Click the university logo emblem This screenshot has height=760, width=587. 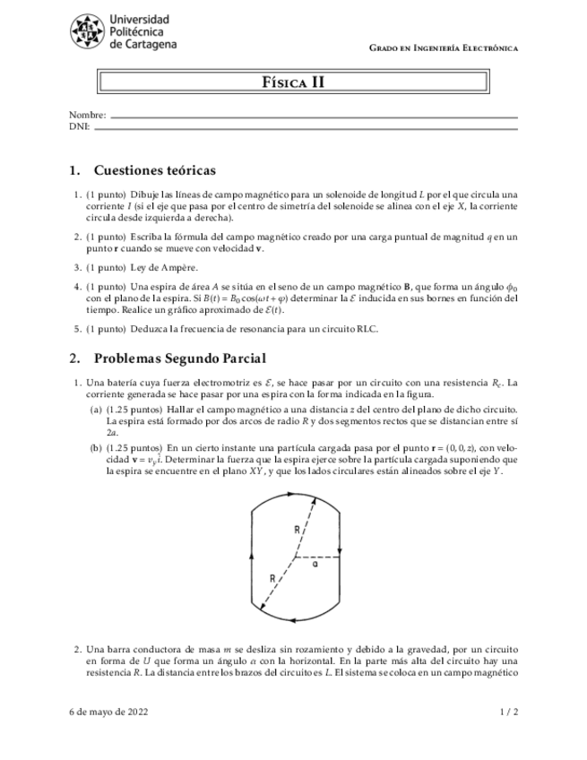pyautogui.click(x=88, y=31)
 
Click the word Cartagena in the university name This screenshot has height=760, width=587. pyautogui.click(x=148, y=43)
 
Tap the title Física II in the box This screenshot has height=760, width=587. pyautogui.click(x=293, y=82)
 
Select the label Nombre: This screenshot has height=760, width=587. pyautogui.click(x=87, y=116)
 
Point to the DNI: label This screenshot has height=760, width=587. pyautogui.click(x=80, y=126)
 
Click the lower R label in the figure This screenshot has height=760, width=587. pyautogui.click(x=272, y=579)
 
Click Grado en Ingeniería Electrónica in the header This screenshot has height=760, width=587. pyautogui.click(x=444, y=47)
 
